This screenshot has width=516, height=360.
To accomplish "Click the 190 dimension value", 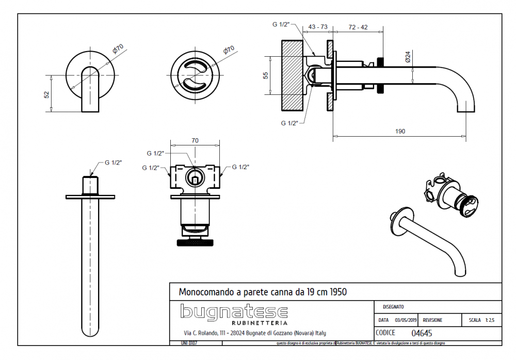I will [x=400, y=131].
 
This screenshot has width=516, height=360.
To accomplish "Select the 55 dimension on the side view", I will [x=266, y=75].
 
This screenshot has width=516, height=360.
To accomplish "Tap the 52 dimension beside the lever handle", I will [x=46, y=94].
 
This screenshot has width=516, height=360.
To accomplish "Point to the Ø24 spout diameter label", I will [x=408, y=56].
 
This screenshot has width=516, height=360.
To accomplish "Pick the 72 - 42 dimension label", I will [x=358, y=27].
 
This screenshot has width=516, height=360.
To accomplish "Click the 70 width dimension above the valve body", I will [x=195, y=140].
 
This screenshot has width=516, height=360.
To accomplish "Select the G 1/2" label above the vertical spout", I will [x=113, y=162].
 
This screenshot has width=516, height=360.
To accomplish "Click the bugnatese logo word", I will [x=234, y=312].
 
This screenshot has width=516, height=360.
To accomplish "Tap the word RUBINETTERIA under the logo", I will [x=234, y=324].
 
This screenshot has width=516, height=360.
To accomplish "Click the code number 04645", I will [x=422, y=333].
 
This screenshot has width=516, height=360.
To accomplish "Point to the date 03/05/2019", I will [x=404, y=320].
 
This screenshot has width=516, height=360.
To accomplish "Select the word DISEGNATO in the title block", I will [x=393, y=306].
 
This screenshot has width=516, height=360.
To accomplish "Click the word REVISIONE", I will [x=432, y=320].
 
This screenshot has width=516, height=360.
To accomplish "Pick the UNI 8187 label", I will [x=189, y=343].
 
